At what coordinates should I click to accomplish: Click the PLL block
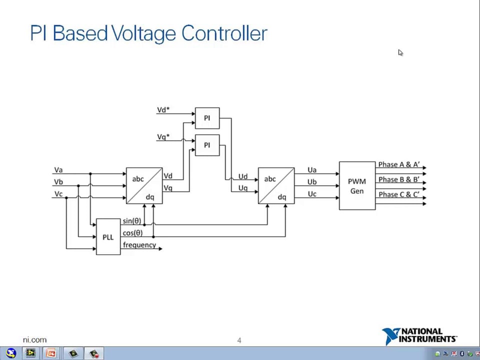pos(108,237)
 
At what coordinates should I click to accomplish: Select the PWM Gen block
pos(357,185)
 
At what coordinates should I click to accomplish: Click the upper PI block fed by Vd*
pos(207,118)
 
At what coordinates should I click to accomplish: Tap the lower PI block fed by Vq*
pos(207,145)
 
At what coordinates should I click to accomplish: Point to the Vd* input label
pos(163,110)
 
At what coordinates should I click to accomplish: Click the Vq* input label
pos(163,137)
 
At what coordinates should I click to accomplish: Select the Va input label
pos(58,170)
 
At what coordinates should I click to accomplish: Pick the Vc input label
pos(58,194)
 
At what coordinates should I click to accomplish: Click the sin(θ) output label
pos(132,221)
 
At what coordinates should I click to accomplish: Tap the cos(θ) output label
pos(132,233)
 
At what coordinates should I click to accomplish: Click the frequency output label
pos(139,245)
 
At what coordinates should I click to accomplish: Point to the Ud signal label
pos(242,176)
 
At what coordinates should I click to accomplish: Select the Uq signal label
pos(242,188)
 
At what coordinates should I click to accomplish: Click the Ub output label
pos(312,182)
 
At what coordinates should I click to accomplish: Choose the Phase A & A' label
pos(398,164)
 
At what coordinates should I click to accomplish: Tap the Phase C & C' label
pos(398,194)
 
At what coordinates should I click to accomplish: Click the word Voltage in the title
pos(144,33)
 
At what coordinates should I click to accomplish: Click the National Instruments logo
pos(419,336)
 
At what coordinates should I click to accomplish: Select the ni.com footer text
pos(34,340)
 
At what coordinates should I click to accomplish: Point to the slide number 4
pos(239,340)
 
